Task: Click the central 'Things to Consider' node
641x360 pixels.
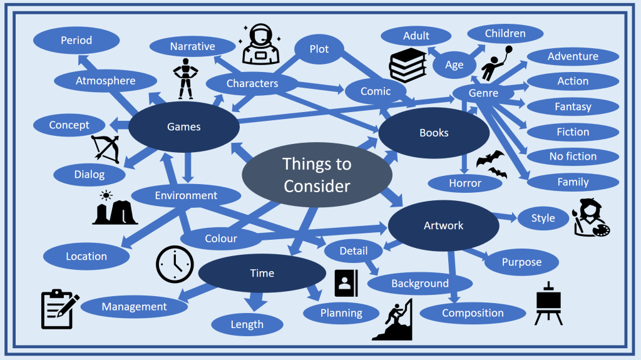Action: (x=316, y=175)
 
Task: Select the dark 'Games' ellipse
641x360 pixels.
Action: (x=184, y=127)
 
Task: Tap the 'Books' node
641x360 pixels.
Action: (x=434, y=133)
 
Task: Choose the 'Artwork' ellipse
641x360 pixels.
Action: (x=443, y=225)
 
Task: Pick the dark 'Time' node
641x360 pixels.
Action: (x=262, y=273)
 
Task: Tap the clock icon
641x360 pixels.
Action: (x=175, y=263)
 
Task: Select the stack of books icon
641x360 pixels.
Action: (x=408, y=64)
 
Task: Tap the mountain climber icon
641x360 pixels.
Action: (x=394, y=319)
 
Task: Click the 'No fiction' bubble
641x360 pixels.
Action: (x=573, y=157)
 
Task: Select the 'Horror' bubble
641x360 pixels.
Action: (x=465, y=183)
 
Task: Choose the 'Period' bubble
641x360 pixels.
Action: (x=76, y=41)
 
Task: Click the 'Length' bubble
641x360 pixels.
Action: (x=247, y=324)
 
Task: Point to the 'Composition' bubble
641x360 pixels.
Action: (x=473, y=313)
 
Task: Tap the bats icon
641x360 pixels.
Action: (x=492, y=165)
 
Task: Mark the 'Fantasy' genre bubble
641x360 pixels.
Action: (x=573, y=106)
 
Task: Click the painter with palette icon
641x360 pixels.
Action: (x=590, y=217)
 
